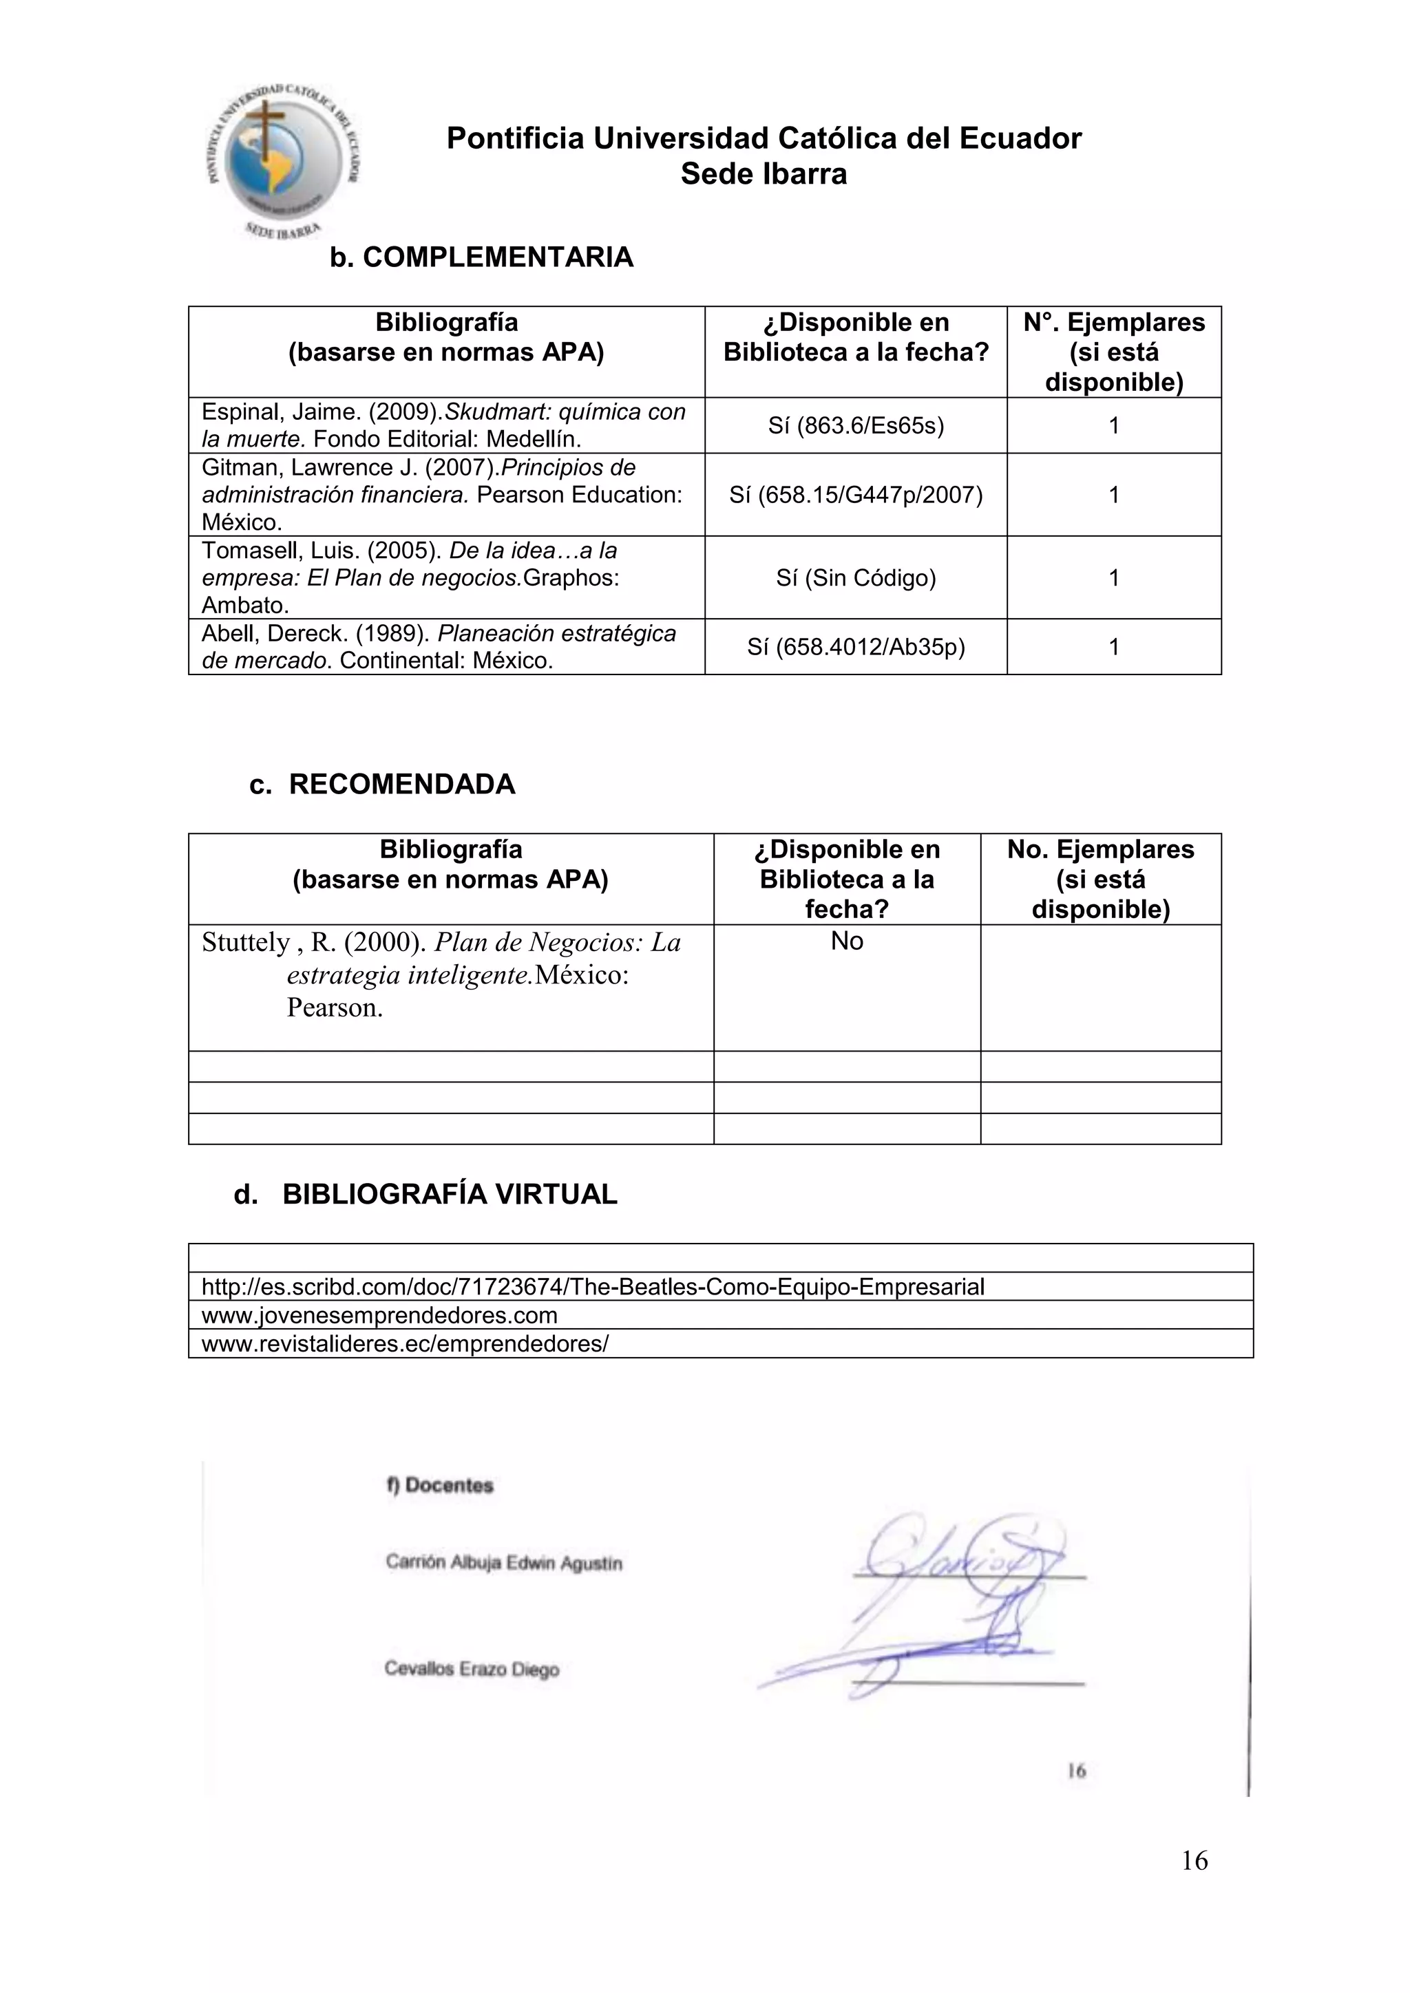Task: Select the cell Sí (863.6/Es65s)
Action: tap(855, 425)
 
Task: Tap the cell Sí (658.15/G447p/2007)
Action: tap(855, 495)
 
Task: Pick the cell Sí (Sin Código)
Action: tap(855, 578)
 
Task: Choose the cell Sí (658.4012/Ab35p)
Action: tap(855, 647)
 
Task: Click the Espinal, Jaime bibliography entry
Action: tap(443, 425)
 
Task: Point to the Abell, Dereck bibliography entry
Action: tap(439, 647)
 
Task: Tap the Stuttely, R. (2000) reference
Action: tap(441, 974)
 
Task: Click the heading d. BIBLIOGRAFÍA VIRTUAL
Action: tap(425, 1195)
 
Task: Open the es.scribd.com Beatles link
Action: tap(592, 1286)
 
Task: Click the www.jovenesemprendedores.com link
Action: tap(379, 1315)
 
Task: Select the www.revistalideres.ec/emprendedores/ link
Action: tap(405, 1344)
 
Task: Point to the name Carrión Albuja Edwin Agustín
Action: tap(503, 1562)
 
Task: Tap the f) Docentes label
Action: tap(439, 1485)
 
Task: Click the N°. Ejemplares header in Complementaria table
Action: tap(1113, 352)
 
